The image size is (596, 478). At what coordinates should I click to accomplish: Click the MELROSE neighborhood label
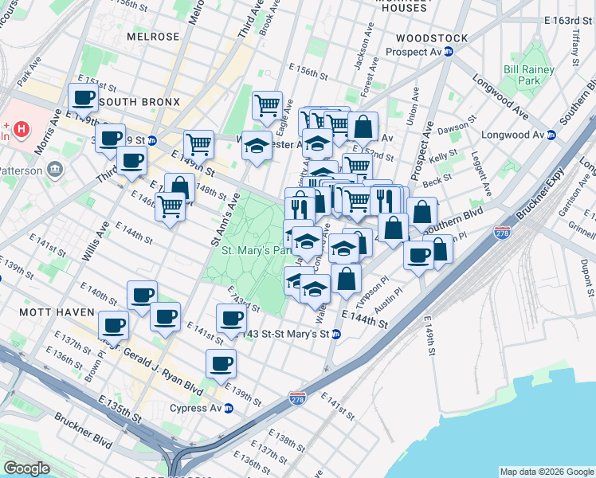pyautogui.click(x=153, y=37)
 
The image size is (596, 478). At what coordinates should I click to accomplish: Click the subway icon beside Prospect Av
pyautogui.click(x=449, y=52)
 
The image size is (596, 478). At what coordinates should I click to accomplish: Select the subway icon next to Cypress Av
pyautogui.click(x=229, y=409)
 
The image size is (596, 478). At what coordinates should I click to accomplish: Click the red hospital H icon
pyautogui.click(x=22, y=127)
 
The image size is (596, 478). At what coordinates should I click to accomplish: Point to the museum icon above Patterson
pyautogui.click(x=55, y=169)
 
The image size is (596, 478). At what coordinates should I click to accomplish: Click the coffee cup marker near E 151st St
pyautogui.click(x=84, y=98)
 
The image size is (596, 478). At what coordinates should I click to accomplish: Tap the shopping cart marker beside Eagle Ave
pyautogui.click(x=268, y=104)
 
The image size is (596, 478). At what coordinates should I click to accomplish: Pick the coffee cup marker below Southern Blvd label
pyautogui.click(x=418, y=255)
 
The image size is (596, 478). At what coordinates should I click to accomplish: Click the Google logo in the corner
pyautogui.click(x=27, y=468)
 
